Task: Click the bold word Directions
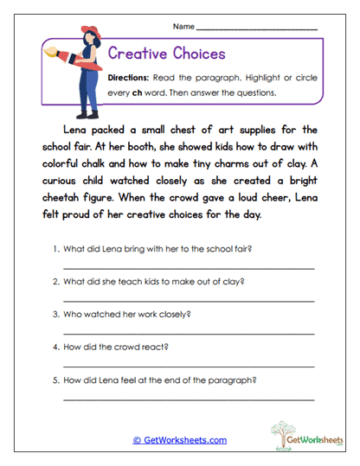(x=130, y=78)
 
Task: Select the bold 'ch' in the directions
(x=136, y=93)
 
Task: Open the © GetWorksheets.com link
(x=179, y=440)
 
